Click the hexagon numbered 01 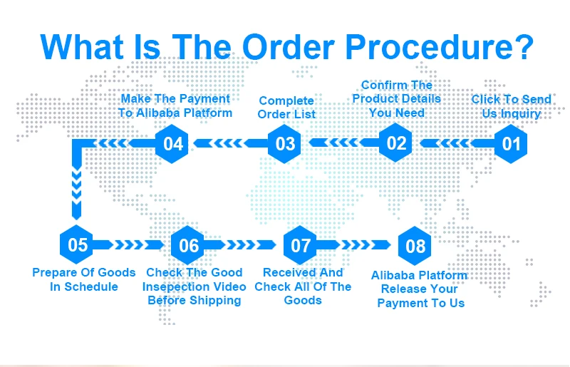pos(512,143)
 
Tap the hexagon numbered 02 pos(396,143)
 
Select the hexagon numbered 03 pos(285,143)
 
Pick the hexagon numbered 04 pos(173,143)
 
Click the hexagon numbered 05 pos(78,245)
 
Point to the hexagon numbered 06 pos(189,246)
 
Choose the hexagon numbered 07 pos(301,246)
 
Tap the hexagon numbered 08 pos(415,247)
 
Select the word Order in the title pos(288,47)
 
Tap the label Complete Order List pos(286,108)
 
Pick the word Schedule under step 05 pos(91,286)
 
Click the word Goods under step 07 pos(303,300)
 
